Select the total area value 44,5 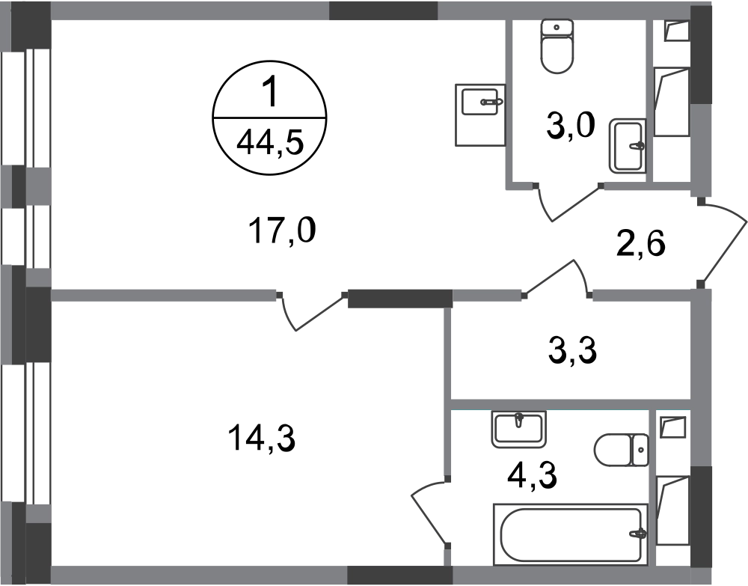[x=270, y=142]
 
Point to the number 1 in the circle [x=270, y=93]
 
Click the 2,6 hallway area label [x=641, y=244]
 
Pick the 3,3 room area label [x=572, y=350]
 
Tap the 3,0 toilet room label [x=571, y=126]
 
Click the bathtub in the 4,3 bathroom [x=571, y=534]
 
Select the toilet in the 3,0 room [x=557, y=46]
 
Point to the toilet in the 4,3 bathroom [x=622, y=450]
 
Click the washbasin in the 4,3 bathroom [x=518, y=429]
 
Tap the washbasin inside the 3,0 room [x=628, y=145]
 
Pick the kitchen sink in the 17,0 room [x=480, y=115]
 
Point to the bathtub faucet [x=638, y=533]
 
